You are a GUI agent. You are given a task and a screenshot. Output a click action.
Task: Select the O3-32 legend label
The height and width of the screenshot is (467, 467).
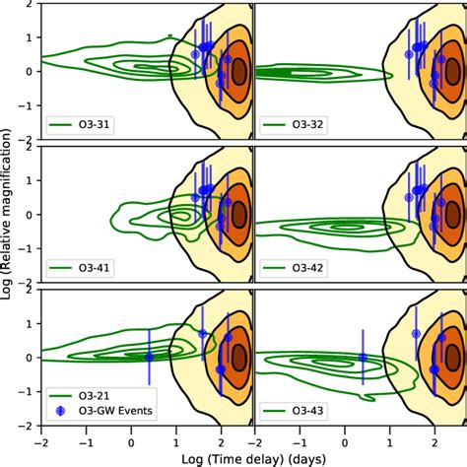(306, 125)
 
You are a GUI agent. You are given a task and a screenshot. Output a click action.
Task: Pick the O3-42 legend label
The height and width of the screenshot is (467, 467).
(306, 267)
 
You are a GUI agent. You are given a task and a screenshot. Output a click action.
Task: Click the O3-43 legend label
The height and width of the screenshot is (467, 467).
(306, 409)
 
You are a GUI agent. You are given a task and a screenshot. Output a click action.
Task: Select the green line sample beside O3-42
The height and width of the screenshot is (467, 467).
(276, 267)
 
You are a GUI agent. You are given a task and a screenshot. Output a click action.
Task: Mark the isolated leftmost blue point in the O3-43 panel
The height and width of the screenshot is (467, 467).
(362, 357)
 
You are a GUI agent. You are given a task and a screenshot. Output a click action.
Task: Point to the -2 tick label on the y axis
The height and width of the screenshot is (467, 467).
(29, 427)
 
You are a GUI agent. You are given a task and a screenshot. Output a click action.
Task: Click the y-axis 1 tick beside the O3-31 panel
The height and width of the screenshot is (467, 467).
(32, 37)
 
